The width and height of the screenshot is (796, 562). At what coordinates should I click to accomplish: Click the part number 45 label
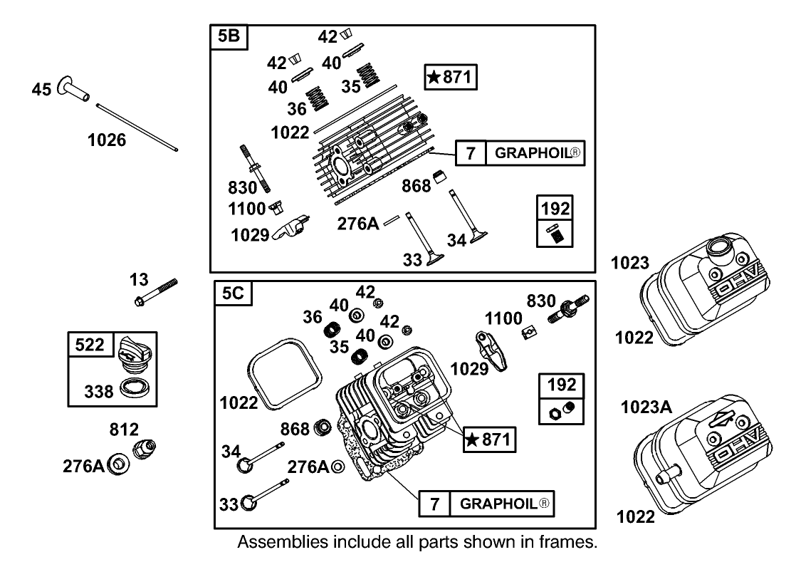(x=41, y=89)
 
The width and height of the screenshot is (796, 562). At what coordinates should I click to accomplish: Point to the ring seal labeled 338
(x=135, y=389)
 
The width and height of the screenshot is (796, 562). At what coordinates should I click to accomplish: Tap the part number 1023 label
(x=629, y=264)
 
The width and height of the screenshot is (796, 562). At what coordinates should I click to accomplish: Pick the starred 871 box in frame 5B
(x=450, y=77)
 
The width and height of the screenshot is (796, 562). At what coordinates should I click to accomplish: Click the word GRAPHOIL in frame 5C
(x=506, y=504)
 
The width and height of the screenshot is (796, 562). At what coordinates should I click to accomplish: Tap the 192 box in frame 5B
(x=555, y=222)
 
